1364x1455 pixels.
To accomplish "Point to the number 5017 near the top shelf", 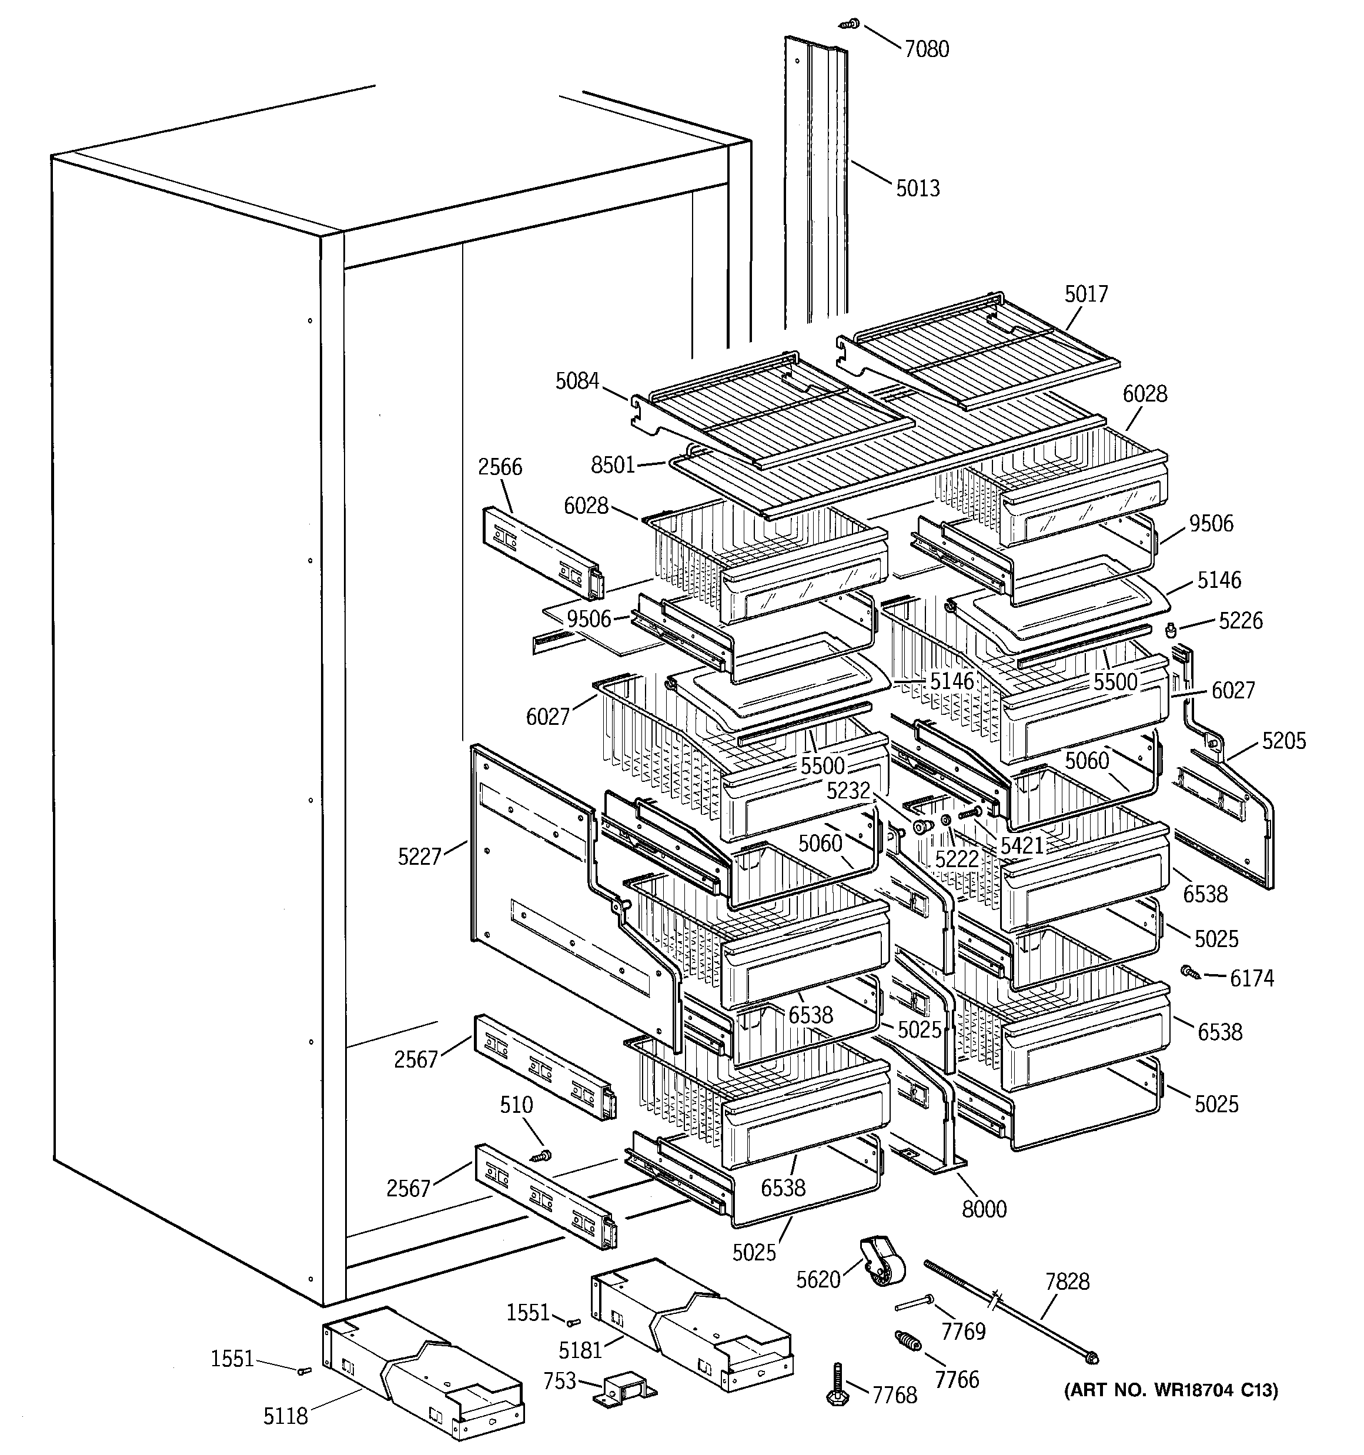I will [1086, 294].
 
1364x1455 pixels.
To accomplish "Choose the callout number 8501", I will [613, 466].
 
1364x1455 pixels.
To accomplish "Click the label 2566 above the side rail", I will [500, 467].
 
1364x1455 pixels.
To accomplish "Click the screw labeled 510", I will [542, 1156].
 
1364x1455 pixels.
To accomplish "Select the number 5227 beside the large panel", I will [420, 857].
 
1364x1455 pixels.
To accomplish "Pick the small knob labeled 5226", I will [1170, 628].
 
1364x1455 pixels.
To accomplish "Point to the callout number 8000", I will [984, 1209].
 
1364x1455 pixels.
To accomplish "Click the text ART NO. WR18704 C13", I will [1171, 1390].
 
